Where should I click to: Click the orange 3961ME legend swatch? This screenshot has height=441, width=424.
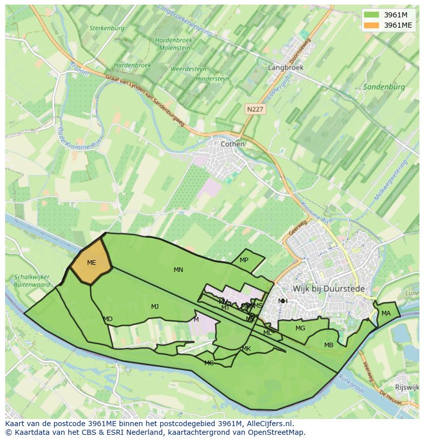(372, 25)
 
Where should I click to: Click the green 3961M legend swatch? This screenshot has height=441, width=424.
(372, 15)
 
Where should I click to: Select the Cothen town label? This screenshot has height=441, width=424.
(232, 144)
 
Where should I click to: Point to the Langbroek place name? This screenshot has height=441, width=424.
(286, 67)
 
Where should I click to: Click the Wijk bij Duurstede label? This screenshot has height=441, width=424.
(329, 289)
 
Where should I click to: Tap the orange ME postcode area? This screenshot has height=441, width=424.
(91, 262)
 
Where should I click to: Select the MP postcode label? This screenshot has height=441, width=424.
(244, 260)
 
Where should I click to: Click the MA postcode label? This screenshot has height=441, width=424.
(386, 313)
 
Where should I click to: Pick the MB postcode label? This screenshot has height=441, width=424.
(328, 345)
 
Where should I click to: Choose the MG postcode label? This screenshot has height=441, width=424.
(300, 328)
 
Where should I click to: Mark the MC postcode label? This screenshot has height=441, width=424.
(209, 363)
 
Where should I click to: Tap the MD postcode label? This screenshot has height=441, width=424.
(108, 319)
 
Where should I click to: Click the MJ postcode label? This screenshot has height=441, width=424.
(155, 307)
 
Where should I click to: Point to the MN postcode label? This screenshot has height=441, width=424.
(178, 270)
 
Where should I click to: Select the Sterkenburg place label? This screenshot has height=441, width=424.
(107, 28)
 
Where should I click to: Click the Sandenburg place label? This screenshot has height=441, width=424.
(384, 87)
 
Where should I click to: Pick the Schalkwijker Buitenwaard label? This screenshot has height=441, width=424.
(33, 281)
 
